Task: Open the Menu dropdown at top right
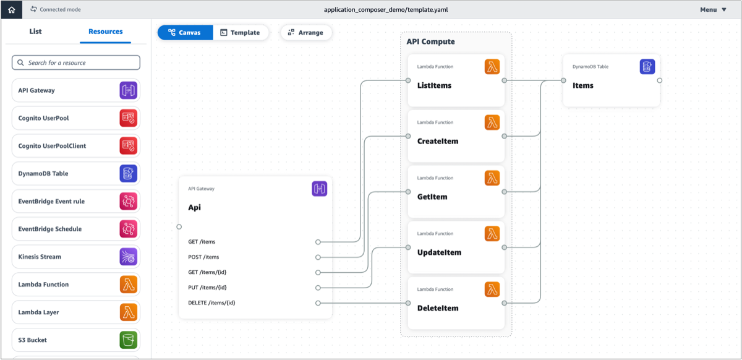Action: (x=713, y=10)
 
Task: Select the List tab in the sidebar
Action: (x=36, y=32)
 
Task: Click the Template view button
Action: (x=241, y=33)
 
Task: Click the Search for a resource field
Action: (x=76, y=62)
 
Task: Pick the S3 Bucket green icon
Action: (x=128, y=340)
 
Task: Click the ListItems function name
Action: (x=434, y=85)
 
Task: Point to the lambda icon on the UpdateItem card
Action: (x=492, y=234)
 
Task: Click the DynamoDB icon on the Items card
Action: (x=647, y=67)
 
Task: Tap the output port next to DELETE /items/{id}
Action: (x=318, y=303)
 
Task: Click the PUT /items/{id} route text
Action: (x=207, y=288)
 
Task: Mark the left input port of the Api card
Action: (x=179, y=227)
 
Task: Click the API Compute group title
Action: (x=430, y=42)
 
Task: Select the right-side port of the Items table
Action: (x=660, y=80)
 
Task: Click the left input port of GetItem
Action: (x=408, y=192)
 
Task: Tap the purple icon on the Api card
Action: (x=319, y=189)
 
